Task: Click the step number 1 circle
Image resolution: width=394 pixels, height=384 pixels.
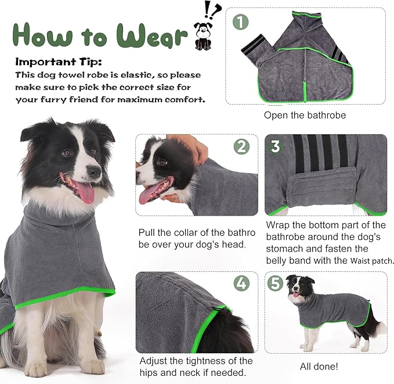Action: coord(240,23)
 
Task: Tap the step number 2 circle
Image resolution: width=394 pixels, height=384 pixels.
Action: coord(242,146)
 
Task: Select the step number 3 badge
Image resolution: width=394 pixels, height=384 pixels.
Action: coord(276,146)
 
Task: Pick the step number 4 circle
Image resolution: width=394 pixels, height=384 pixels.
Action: coord(242,284)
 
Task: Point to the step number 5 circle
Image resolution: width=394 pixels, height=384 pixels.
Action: coord(276,284)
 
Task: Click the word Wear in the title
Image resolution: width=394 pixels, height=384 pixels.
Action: coord(153,36)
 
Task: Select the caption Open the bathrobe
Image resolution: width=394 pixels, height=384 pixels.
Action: coord(305,115)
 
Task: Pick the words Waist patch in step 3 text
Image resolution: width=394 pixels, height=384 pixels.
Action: coord(372,261)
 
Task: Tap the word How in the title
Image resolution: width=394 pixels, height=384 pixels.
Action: coord(44,36)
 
